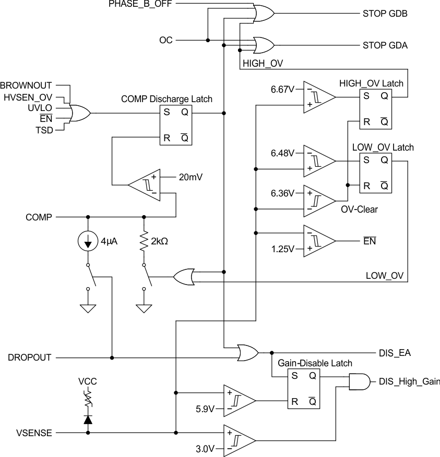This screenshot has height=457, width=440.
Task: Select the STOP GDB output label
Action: click(x=385, y=14)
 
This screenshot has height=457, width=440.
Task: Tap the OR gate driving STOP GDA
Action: click(x=263, y=45)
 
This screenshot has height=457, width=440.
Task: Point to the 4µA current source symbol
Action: click(x=88, y=241)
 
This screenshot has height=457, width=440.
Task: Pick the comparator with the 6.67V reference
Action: click(x=318, y=97)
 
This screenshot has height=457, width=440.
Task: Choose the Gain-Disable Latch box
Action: click(x=303, y=388)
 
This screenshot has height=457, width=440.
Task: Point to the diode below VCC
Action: click(x=88, y=419)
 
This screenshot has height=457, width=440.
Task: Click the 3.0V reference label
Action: click(x=205, y=448)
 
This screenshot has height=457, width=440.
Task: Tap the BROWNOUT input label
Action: click(x=27, y=84)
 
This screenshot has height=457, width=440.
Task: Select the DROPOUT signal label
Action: click(x=30, y=358)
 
